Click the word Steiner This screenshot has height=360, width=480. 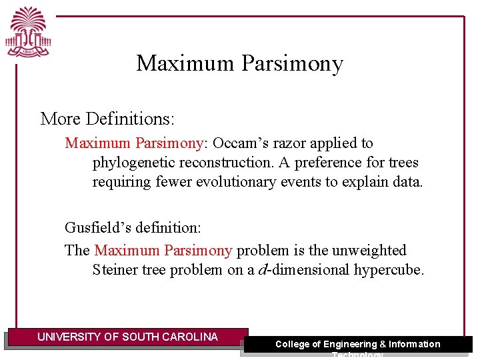(x=114, y=270)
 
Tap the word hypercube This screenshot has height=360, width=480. (x=390, y=270)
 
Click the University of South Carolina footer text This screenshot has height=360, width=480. (x=127, y=337)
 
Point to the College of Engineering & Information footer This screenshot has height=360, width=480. (x=358, y=345)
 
